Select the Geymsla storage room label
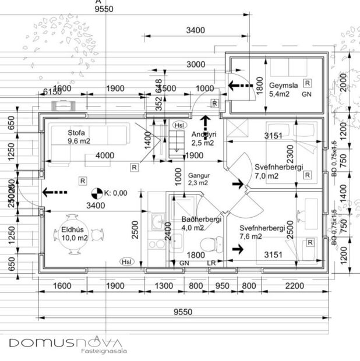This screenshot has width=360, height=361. coord(283,85)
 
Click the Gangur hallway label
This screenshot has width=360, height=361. coord(198,175)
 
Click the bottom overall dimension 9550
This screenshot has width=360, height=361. coord(182,312)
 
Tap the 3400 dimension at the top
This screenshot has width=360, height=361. coord(195,30)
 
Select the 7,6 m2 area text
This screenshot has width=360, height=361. coord(252,236)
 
